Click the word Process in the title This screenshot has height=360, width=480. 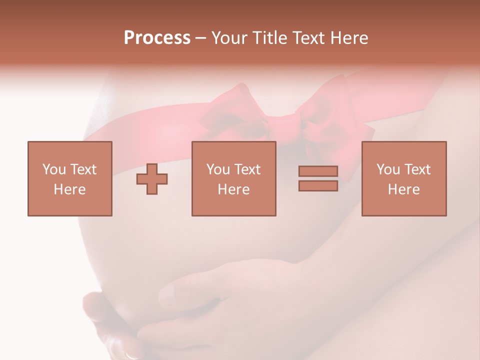coord(157,38)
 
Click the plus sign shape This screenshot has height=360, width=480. coord(152,178)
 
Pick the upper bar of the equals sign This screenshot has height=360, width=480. coord(318,171)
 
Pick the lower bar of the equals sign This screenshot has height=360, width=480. coord(318,185)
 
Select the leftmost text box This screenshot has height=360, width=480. coord(69,178)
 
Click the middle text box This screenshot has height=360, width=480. coord(233,178)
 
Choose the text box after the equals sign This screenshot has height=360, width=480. coord(403,178)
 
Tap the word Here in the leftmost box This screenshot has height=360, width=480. coord(69,189)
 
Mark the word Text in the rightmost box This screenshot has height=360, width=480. coord(417,169)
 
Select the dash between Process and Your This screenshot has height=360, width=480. coord(201,38)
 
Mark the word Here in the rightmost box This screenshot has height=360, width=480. coord(403,189)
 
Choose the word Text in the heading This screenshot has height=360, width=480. coord(307,38)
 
